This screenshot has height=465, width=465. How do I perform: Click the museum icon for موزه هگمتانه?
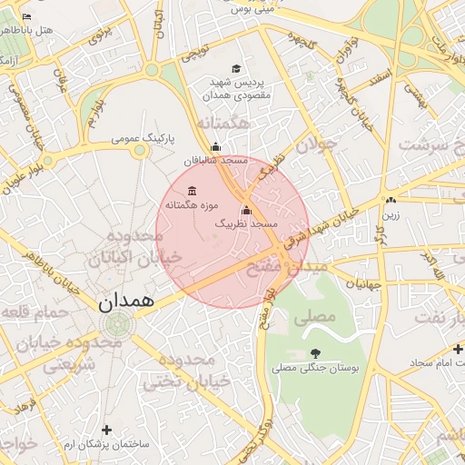(x=192, y=191)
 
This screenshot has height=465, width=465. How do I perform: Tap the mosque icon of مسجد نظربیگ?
(x=246, y=211)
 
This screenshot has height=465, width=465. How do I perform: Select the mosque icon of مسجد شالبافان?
(x=215, y=147)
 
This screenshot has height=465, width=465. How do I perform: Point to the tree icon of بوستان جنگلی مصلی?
(x=315, y=353)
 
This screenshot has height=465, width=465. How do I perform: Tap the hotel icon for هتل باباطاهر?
(x=26, y=17)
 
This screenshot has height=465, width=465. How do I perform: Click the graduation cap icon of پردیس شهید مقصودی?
(x=237, y=69)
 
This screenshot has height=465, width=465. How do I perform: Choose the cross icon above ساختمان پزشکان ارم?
(x=107, y=429)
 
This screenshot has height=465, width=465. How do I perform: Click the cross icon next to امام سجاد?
(x=457, y=350)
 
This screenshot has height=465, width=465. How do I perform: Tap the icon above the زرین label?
(x=390, y=201)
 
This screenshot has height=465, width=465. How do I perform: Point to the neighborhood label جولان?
(x=316, y=143)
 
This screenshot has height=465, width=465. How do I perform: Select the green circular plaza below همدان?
(x=116, y=322)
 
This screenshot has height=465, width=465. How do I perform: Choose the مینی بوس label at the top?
(x=251, y=10)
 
